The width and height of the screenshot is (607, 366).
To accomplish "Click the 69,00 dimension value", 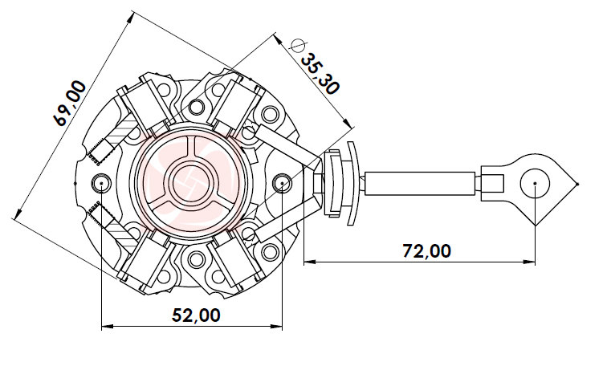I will pos(68,104).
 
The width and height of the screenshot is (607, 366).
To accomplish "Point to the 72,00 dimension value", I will pos(426,250).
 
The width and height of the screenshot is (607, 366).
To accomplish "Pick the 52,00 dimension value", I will pos(196,315).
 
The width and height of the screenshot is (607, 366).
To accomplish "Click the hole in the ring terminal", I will pos(535,184).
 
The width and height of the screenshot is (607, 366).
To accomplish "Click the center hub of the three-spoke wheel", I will pos(191,184).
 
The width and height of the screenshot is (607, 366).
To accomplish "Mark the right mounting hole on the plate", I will pos(282,184).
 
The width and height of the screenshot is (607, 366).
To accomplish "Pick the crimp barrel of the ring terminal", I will pos(491,183).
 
